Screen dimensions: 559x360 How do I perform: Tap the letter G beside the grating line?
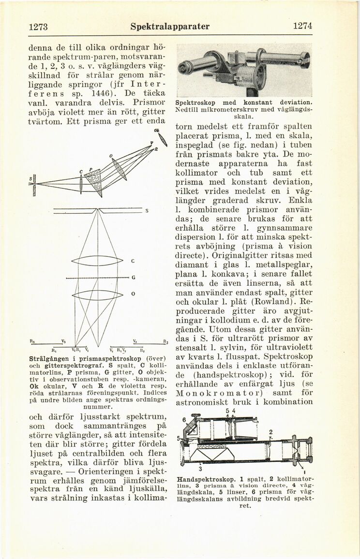[132, 279]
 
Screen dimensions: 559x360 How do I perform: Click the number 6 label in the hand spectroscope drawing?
[184, 421]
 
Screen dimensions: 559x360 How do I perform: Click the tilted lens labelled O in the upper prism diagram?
[118, 169]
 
